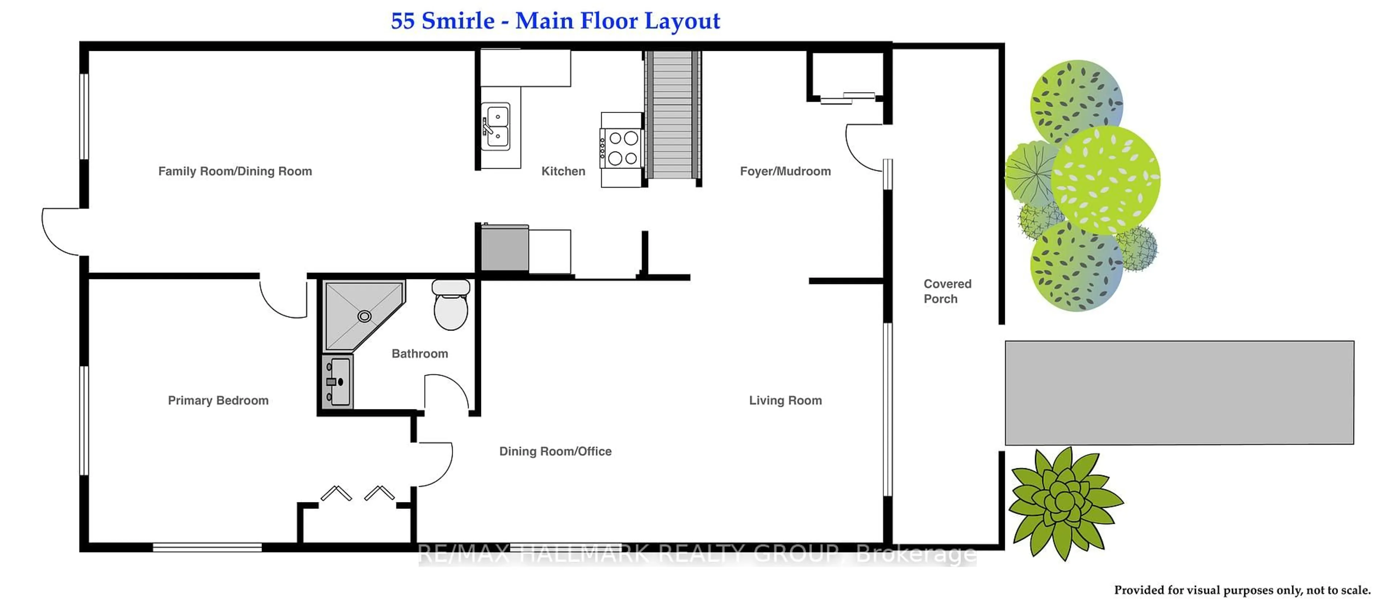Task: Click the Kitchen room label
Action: (x=563, y=171)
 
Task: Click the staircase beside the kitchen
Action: (x=672, y=115)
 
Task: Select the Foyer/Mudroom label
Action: (x=785, y=171)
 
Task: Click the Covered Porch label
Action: (x=947, y=291)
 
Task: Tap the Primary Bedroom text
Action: (x=218, y=401)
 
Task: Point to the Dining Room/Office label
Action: (x=555, y=452)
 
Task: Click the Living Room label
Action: (x=785, y=401)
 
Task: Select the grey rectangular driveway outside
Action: (x=1179, y=392)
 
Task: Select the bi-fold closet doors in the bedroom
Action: (x=357, y=494)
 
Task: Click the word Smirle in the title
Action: (x=458, y=21)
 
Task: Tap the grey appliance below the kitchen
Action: (x=505, y=248)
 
